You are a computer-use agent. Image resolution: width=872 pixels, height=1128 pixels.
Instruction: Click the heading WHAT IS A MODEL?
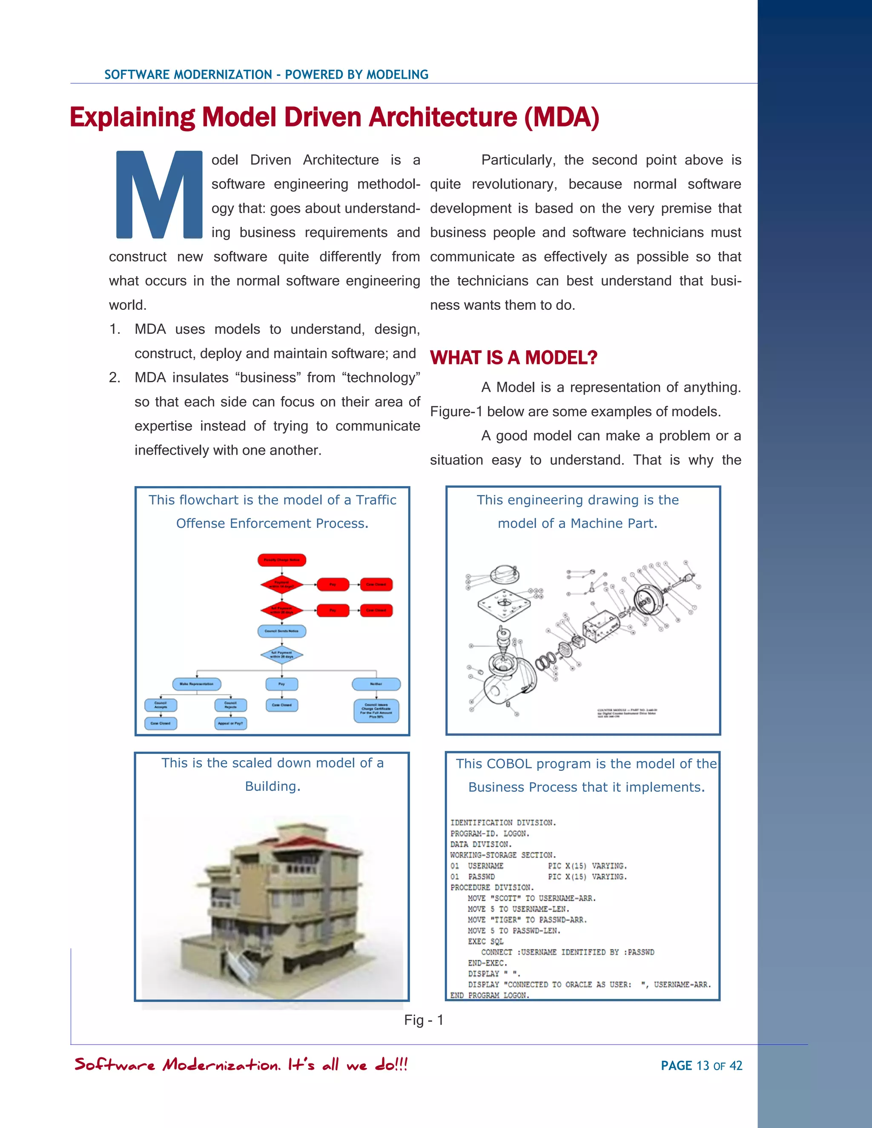pos(513,358)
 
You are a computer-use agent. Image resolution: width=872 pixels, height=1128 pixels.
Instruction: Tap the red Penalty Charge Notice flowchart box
pos(281,560)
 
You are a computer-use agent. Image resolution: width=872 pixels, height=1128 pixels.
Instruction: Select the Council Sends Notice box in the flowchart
pos(281,631)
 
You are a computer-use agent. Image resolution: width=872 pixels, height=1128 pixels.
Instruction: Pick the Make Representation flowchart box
pos(196,684)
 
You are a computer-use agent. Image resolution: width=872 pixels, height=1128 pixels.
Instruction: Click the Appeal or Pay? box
pos(230,723)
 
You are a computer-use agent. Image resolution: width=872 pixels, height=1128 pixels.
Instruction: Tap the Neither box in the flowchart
pos(376,684)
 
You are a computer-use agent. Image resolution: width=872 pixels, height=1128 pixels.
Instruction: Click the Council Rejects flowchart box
pos(230,705)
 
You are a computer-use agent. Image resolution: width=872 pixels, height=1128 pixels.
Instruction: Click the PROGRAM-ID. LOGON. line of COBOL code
pos(489,833)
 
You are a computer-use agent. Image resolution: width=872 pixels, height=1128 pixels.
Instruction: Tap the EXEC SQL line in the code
pos(485,942)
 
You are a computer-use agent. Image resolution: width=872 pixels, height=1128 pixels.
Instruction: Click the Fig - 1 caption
pos(424,1020)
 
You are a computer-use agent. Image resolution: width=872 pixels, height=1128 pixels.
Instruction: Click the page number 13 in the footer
pos(703,1065)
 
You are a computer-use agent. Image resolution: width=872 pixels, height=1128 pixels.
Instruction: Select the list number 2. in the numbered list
pos(115,378)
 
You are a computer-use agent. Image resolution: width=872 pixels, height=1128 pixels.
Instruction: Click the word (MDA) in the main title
pos(562,117)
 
